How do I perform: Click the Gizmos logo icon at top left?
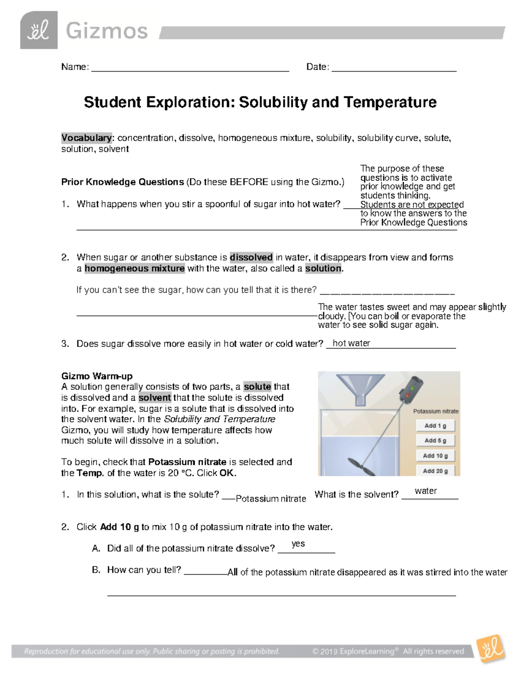click(x=39, y=30)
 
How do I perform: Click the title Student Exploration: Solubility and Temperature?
click(x=260, y=102)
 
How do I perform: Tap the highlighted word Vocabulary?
click(x=86, y=138)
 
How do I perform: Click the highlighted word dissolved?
click(x=251, y=257)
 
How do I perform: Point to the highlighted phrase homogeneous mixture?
click(x=135, y=269)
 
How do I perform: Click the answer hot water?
click(x=351, y=343)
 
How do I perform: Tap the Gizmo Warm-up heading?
click(x=97, y=376)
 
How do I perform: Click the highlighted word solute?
click(x=257, y=387)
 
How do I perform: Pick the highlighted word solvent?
click(x=155, y=398)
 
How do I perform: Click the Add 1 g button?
click(x=435, y=426)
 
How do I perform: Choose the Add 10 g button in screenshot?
click(x=435, y=456)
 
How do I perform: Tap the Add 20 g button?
click(x=435, y=470)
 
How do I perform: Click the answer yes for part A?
click(x=298, y=544)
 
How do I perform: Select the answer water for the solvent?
click(x=425, y=491)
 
